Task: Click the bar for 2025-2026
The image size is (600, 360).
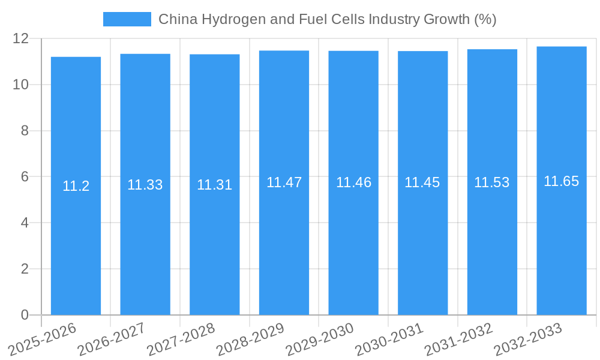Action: pos(76,240)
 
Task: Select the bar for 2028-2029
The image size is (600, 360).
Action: pos(284,240)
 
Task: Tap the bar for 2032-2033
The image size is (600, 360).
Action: pos(562,240)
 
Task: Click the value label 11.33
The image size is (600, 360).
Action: pos(145,185)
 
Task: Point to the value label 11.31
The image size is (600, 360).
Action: pos(214,185)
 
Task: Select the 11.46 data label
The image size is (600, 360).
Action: pos(353,182)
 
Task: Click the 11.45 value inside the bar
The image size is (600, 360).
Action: pos(422,182)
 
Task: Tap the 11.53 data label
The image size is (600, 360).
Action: pos(492,182)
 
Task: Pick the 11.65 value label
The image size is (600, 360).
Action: pos(562,181)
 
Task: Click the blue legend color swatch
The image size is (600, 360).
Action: pos(127,19)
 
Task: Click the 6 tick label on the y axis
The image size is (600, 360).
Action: pos(25,177)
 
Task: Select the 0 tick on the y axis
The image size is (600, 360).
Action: pos(25,315)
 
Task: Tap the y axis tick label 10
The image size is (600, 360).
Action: pos(21,85)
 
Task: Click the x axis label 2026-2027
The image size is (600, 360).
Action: pos(112,339)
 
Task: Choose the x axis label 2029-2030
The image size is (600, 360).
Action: pos(320,339)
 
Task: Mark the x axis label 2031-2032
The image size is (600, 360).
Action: pos(458,339)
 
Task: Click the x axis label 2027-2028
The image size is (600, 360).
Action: pos(181,339)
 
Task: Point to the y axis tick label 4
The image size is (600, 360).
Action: pos(25,223)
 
